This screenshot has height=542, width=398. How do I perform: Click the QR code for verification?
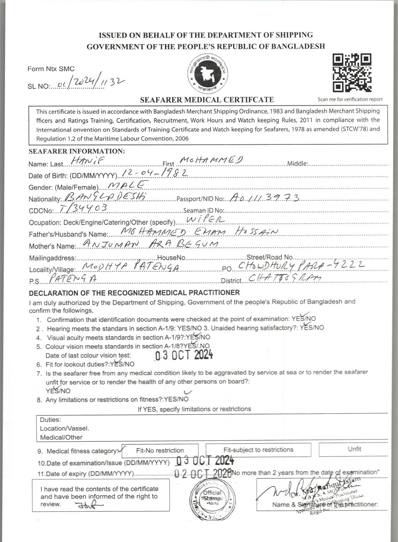point(352,73)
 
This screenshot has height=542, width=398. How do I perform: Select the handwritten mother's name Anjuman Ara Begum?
point(151,244)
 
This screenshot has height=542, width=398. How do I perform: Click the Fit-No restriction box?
point(160,450)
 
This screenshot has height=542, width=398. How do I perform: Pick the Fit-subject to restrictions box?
point(258,450)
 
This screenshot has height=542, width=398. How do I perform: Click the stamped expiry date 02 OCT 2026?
point(203,473)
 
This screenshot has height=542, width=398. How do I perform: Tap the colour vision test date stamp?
point(184,355)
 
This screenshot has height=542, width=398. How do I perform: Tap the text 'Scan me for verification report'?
point(350,99)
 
